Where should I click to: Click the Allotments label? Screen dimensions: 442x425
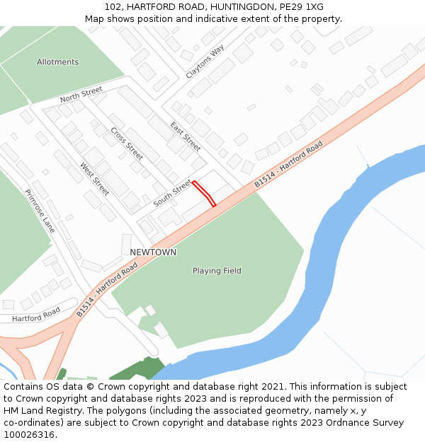(x=58, y=62)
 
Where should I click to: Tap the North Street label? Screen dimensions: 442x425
(x=81, y=94)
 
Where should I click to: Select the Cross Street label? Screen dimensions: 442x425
(x=127, y=143)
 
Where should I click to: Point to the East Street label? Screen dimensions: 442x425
(x=186, y=136)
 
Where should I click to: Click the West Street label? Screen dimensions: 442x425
(x=95, y=180)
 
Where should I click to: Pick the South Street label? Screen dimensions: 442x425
(x=172, y=193)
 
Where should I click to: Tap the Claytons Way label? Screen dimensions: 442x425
(x=205, y=62)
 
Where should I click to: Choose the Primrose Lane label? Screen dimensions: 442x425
(x=40, y=211)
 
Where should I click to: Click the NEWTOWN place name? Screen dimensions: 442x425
(x=153, y=252)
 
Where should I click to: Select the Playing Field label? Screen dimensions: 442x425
(x=217, y=271)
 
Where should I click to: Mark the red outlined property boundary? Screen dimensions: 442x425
(x=204, y=193)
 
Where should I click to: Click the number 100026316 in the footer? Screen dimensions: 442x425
(x=30, y=435)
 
